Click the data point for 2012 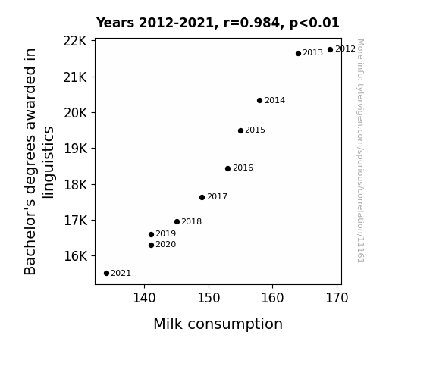coord(330,50)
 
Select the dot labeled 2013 coord(298,53)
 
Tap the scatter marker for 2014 coord(260,100)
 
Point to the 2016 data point coord(227,168)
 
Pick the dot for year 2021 coord(106,274)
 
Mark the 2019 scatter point coord(151,235)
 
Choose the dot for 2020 coord(151,246)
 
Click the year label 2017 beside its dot coord(217,196)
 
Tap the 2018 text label coord(192,221)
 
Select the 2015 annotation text coord(256,130)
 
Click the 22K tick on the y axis coord(75,42)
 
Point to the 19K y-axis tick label coord(76,149)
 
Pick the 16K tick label coord(76,255)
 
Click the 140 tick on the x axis coord(144,298)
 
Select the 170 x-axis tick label coord(337,298)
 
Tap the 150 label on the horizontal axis coord(209,298)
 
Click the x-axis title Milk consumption coord(218,324)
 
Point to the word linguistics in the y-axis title coord(48,162)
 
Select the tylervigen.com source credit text coord(360,151)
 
